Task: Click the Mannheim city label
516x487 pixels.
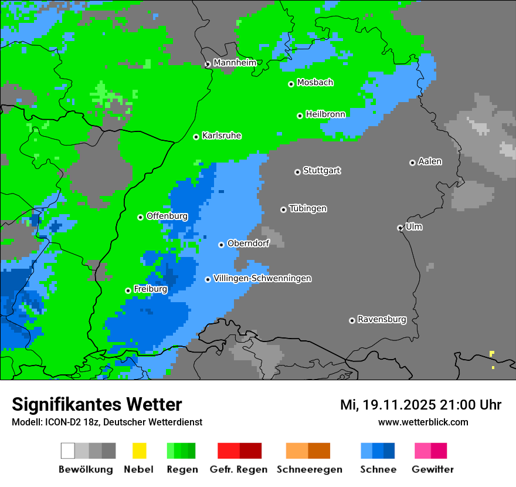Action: click(235, 63)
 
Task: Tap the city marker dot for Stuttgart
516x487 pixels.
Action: click(297, 172)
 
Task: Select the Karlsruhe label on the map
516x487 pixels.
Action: click(221, 136)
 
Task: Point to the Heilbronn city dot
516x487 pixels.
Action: click(300, 116)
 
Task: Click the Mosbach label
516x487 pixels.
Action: click(315, 83)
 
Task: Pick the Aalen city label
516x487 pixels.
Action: click(430, 161)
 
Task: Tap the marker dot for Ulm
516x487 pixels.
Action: click(400, 228)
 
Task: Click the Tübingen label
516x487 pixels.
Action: click(308, 208)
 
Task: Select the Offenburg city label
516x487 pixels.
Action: click(167, 216)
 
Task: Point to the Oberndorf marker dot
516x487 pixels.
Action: click(221, 245)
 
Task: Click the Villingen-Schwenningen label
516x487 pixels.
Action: click(262, 278)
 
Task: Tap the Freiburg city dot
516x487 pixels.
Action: click(128, 290)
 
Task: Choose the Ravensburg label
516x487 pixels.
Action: click(382, 319)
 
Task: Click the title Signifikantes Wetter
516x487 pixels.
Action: click(97, 404)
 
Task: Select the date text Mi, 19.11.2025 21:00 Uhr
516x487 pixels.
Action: click(420, 405)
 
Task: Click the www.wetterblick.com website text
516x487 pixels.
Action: click(423, 422)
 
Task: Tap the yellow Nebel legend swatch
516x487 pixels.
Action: click(139, 451)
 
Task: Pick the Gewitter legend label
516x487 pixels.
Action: click(432, 469)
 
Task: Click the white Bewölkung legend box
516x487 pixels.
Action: click(67, 451)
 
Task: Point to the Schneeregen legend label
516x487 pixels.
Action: click(309, 469)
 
